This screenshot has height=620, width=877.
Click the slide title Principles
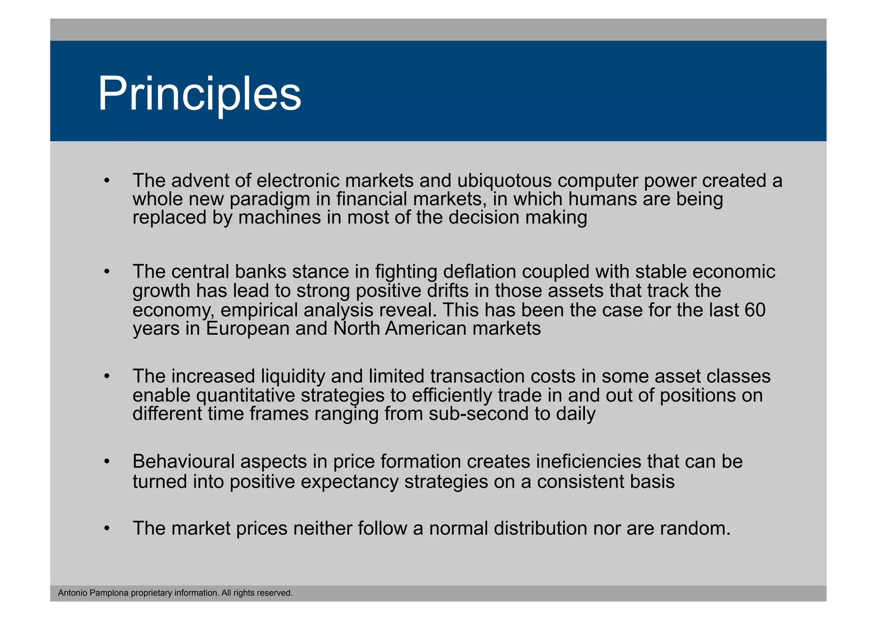click(x=200, y=93)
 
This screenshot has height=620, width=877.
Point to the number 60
click(x=755, y=310)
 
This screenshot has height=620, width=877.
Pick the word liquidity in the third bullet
click(x=293, y=376)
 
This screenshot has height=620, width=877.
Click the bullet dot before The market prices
click(x=107, y=529)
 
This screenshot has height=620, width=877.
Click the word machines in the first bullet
click(x=280, y=218)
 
